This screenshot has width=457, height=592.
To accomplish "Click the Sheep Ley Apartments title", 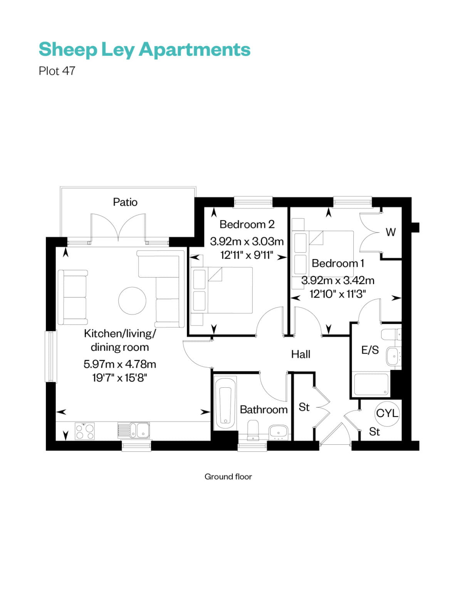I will click(x=144, y=50).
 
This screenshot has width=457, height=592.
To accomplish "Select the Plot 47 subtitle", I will click(x=57, y=71).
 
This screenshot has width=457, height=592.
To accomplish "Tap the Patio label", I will click(x=125, y=202).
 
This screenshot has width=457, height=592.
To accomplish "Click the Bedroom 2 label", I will click(x=247, y=224).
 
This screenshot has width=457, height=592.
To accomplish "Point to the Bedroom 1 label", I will click(x=338, y=263).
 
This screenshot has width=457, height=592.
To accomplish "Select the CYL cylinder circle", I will click(x=387, y=413).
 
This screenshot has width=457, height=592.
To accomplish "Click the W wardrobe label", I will click(x=390, y=232).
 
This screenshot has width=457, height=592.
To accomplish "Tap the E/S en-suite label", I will click(x=370, y=350).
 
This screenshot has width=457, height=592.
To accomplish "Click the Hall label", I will click(x=301, y=354).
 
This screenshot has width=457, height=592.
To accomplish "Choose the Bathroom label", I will click(x=264, y=409).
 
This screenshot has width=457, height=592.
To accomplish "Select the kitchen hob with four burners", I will click(x=85, y=431).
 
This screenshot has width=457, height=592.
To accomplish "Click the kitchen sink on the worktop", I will click(x=138, y=431).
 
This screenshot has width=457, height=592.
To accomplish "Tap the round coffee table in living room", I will click(x=132, y=301).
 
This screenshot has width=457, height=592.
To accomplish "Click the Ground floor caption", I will click(x=228, y=477).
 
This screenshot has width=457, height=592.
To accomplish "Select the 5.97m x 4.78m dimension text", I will click(x=119, y=364).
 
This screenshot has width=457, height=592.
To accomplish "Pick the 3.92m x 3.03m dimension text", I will click(x=247, y=242).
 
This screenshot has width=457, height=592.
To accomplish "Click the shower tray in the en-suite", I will click(x=371, y=384).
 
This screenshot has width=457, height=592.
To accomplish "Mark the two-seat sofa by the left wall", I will click(x=72, y=297).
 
